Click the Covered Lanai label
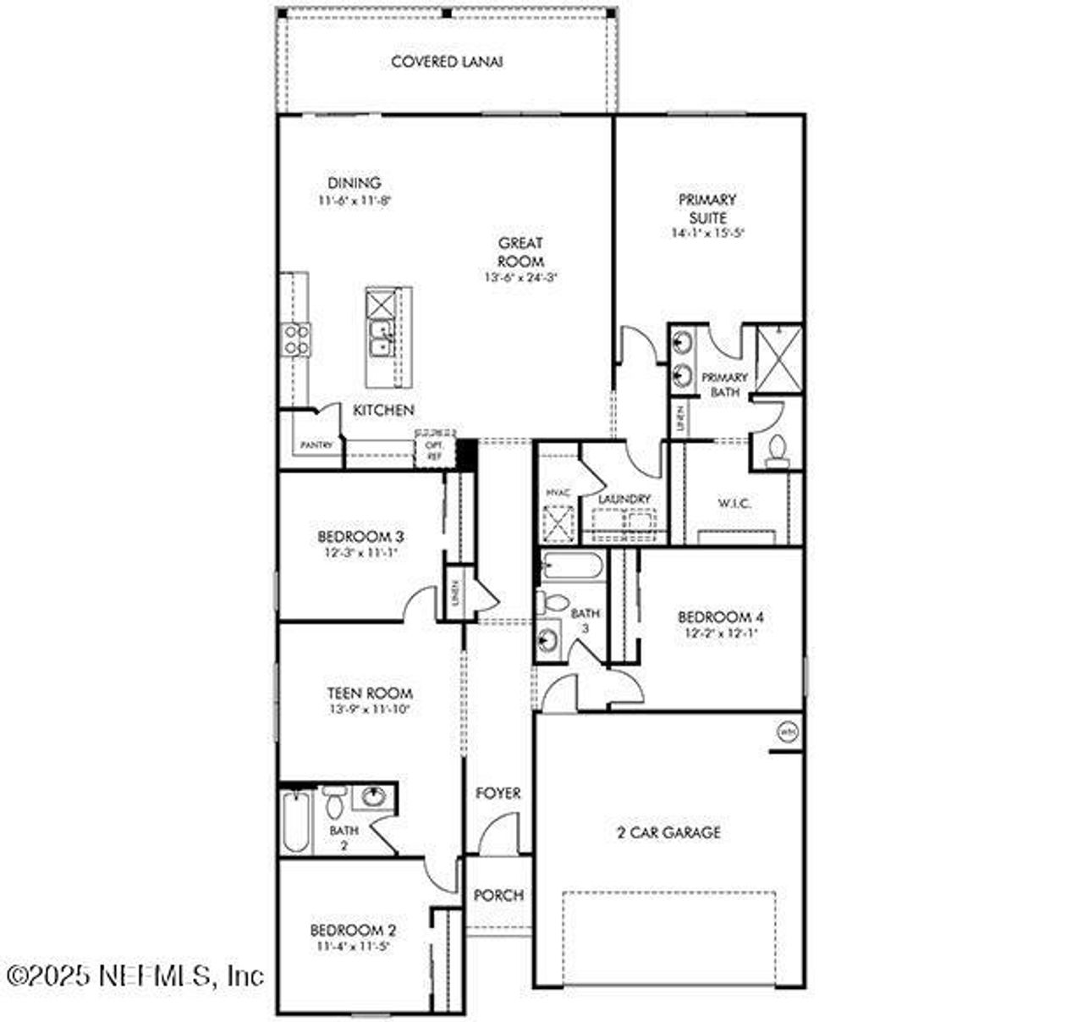pyautogui.click(x=447, y=62)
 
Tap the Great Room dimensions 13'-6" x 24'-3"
pyautogui.click(x=520, y=277)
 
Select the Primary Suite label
pyautogui.click(x=707, y=208)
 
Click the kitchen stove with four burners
pyautogui.click(x=296, y=340)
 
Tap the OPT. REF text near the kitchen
pyautogui.click(x=434, y=450)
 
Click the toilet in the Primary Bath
pyautogui.click(x=776, y=451)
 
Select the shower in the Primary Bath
pyautogui.click(x=778, y=359)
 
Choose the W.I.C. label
pyautogui.click(x=734, y=503)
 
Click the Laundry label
pyautogui.click(x=624, y=499)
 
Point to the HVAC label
pyautogui.click(x=556, y=492)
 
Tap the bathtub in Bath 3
pyautogui.click(x=572, y=565)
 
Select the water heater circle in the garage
pyautogui.click(x=787, y=731)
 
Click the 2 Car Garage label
pyautogui.click(x=668, y=832)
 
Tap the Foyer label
pyautogui.click(x=498, y=793)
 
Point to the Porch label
pyautogui.click(x=498, y=895)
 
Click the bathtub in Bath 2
pyautogui.click(x=296, y=821)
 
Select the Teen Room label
pyautogui.click(x=370, y=693)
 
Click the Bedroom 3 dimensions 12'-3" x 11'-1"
pyautogui.click(x=360, y=552)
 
